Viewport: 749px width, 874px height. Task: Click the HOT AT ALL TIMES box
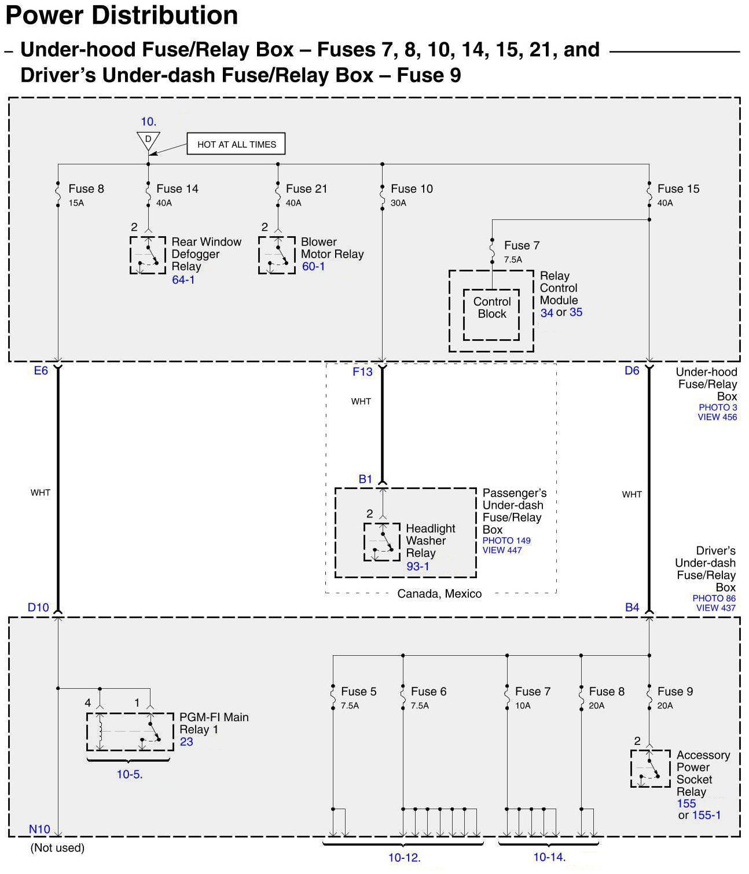coord(236,145)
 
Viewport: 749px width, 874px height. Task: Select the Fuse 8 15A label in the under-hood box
coord(86,194)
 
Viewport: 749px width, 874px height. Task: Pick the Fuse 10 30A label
coord(411,194)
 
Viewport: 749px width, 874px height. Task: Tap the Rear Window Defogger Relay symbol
coord(148,255)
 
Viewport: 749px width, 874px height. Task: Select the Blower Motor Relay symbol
coord(277,255)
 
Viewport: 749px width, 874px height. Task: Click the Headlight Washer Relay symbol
coord(381,542)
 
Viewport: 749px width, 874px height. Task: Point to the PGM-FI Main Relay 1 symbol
coord(130,732)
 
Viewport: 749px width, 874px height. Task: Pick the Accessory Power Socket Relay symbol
coord(650,769)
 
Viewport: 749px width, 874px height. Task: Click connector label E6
coord(41,371)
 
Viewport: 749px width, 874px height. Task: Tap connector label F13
coord(362,372)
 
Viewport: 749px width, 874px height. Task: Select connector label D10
coord(39,608)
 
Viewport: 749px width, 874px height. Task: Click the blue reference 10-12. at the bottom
coord(404,858)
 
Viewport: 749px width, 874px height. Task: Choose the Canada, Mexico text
coord(439,594)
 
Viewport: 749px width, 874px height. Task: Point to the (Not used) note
coord(57,848)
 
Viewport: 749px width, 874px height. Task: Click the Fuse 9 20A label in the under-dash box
coord(674,697)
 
